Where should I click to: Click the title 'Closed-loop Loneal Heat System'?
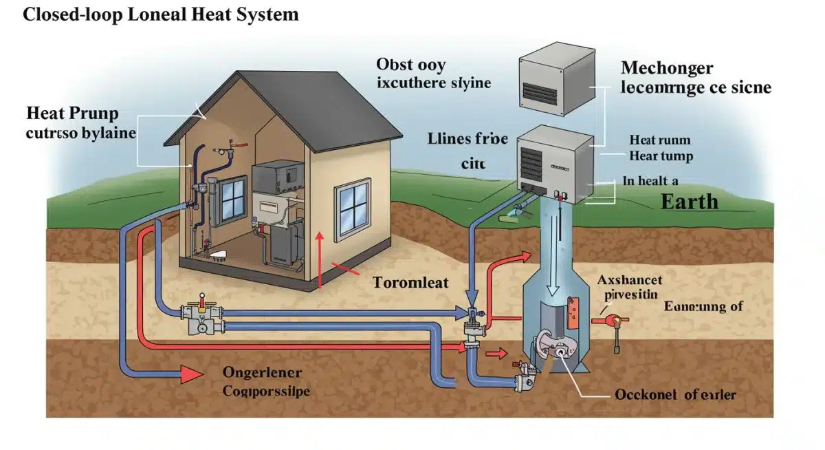point(161,14)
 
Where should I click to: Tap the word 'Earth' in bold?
point(689,202)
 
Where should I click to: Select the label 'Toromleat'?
point(410,282)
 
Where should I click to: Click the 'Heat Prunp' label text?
point(71,114)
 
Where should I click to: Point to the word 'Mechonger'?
point(666,68)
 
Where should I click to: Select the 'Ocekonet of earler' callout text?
point(675,394)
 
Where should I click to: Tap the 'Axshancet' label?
point(630,280)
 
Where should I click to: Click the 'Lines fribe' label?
point(467,139)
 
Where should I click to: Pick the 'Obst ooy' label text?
point(410,65)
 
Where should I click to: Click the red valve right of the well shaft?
point(610,320)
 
